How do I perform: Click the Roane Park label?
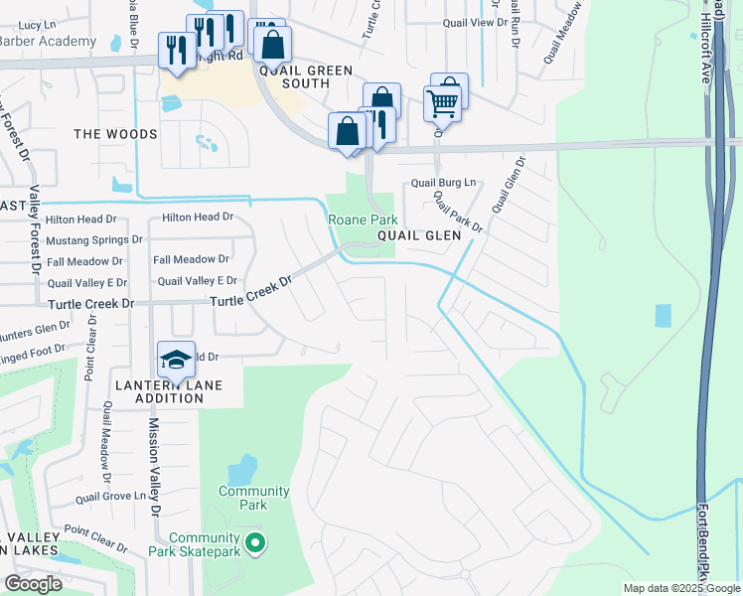point(364,220)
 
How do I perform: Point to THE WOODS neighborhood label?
point(115,134)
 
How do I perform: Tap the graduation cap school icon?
point(176,360)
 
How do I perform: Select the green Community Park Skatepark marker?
point(255,542)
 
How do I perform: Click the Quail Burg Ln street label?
point(444,183)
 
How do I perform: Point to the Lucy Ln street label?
point(36,24)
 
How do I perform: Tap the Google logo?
point(34,584)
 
